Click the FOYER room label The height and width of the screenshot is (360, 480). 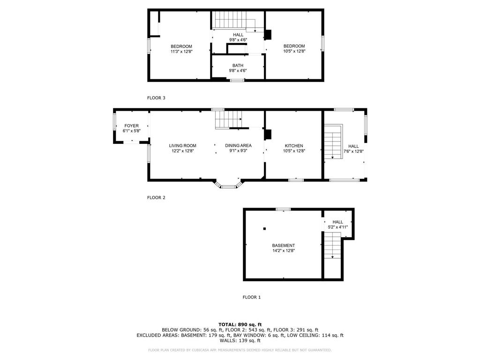[132, 126]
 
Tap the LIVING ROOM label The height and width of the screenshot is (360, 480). [183, 146]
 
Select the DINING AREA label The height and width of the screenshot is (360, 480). [239, 146]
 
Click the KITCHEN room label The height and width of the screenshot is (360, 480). [294, 146]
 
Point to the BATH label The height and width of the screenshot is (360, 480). [238, 66]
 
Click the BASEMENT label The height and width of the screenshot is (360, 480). [284, 246]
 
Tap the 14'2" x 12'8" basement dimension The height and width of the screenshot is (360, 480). [284, 251]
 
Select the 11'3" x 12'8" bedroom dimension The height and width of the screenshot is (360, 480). [181, 52]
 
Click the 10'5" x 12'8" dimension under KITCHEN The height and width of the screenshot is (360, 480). [294, 151]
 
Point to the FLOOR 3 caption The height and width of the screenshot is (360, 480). [156, 98]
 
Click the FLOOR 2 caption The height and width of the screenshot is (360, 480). [156, 198]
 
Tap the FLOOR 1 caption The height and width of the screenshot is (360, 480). [252, 297]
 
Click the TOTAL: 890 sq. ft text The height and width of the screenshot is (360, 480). [240, 324]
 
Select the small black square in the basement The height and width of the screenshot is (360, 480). [264, 229]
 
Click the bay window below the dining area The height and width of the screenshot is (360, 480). [229, 185]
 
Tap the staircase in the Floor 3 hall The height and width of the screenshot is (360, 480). [234, 21]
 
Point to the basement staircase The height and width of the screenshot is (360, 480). [332, 245]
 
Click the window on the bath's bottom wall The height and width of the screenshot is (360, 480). [237, 81]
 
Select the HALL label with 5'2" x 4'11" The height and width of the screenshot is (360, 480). [338, 222]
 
